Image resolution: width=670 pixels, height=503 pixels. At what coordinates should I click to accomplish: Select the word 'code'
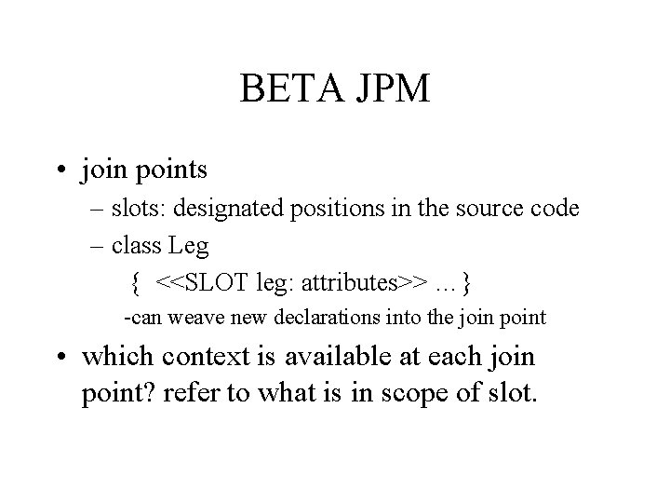[x=555, y=209]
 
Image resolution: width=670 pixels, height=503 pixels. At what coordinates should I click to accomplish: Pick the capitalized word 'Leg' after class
[x=188, y=247]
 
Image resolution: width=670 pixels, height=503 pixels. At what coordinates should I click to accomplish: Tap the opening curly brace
[x=136, y=280]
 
